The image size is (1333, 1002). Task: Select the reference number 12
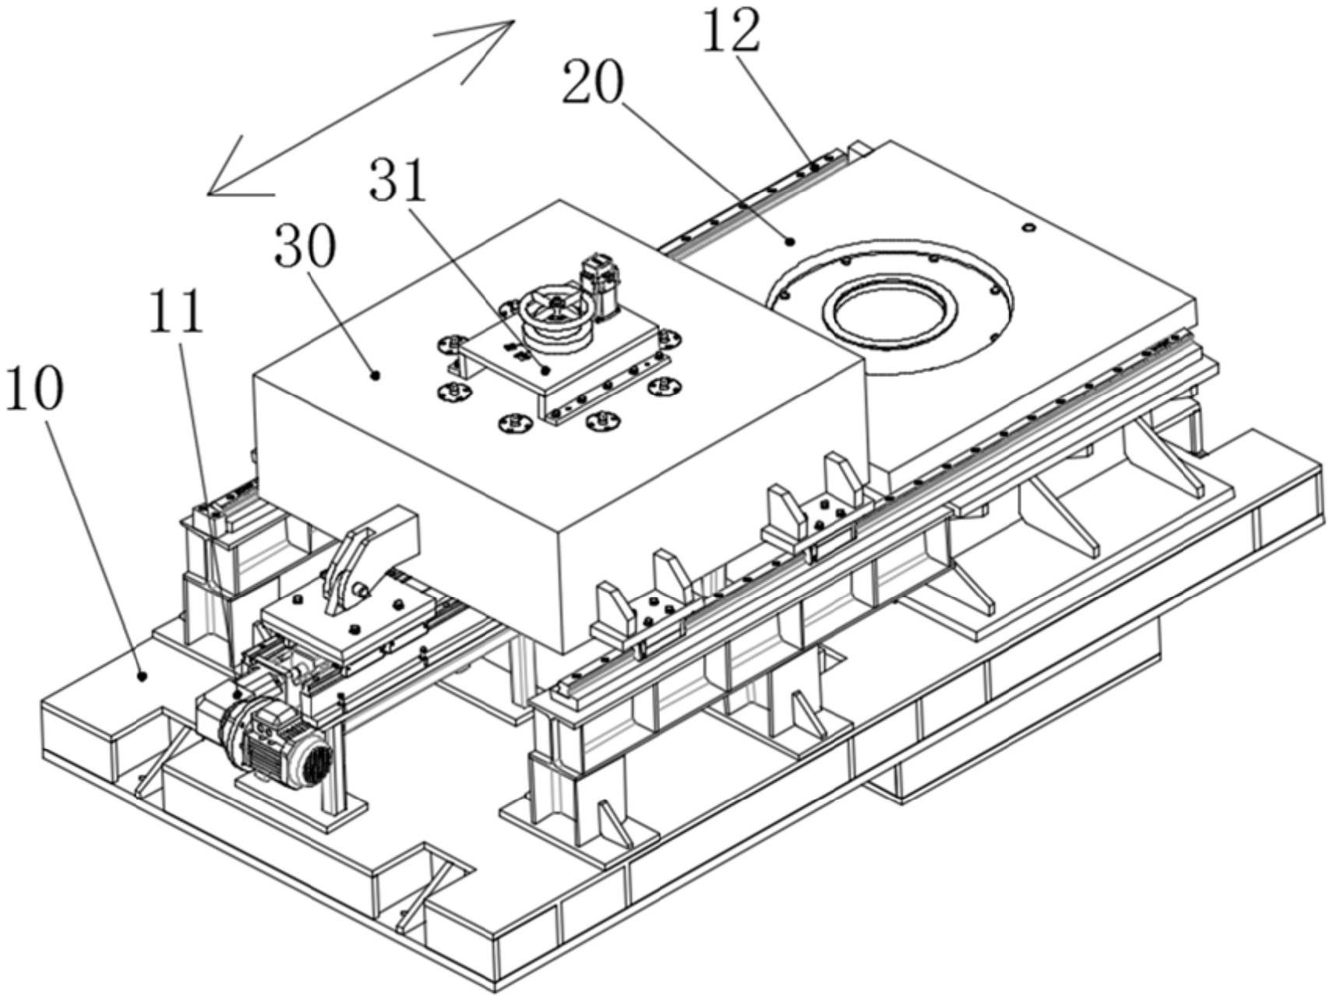[732, 31]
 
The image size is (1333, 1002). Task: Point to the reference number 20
[594, 84]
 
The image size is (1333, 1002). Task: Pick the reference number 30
[305, 247]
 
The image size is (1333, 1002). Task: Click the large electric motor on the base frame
[273, 736]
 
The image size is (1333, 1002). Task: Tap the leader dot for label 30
[376, 374]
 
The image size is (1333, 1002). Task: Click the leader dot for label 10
[142, 676]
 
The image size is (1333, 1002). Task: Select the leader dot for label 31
[546, 371]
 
